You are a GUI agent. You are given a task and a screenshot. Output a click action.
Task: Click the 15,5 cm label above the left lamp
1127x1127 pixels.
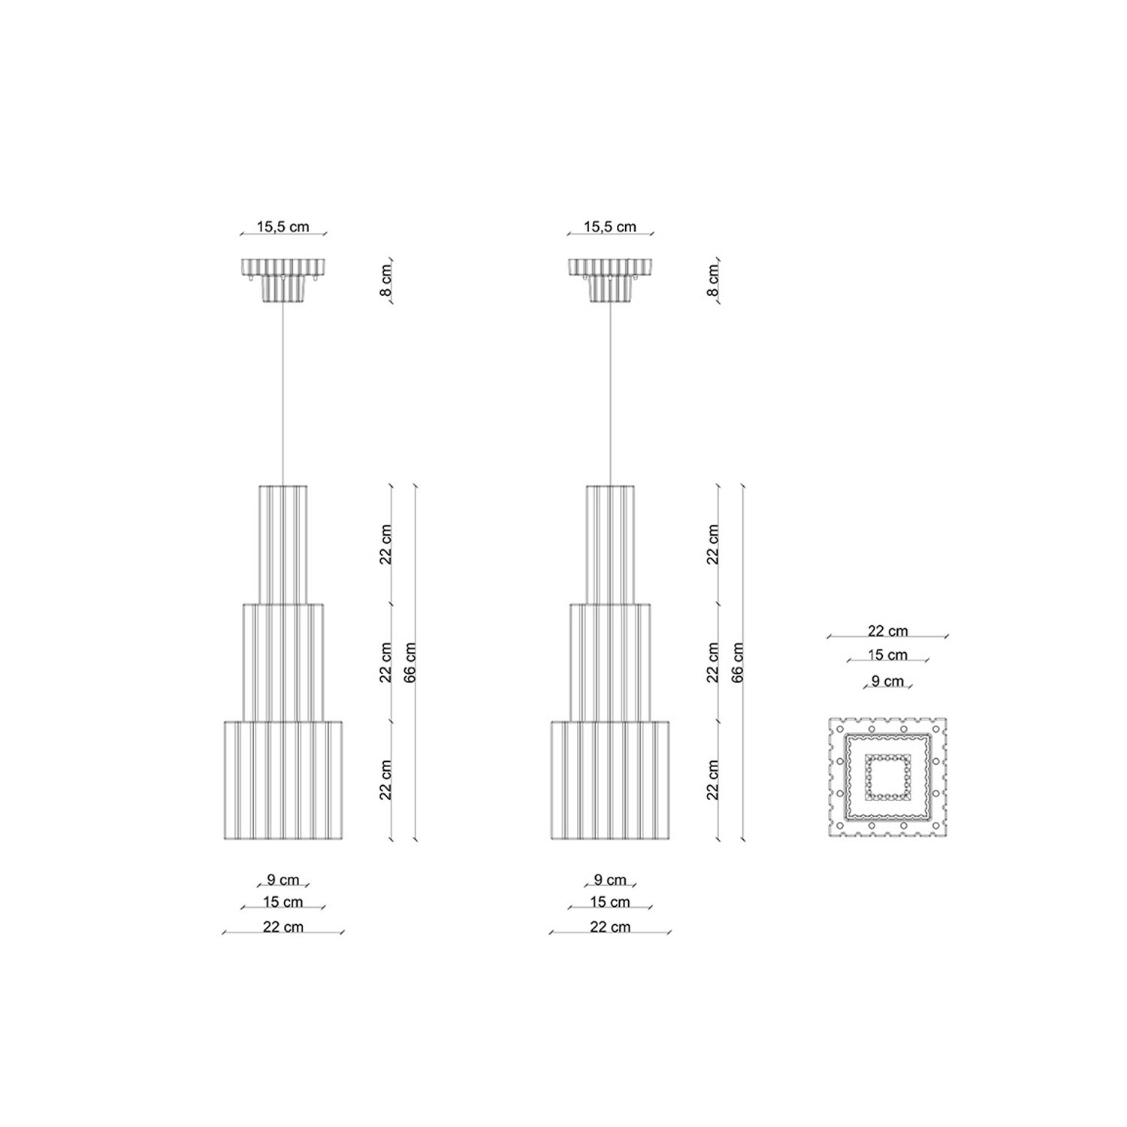pyautogui.click(x=283, y=226)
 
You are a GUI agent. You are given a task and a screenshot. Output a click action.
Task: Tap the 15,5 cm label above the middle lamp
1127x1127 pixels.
pyautogui.click(x=610, y=226)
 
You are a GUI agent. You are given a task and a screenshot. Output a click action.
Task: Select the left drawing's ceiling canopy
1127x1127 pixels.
pyautogui.click(x=283, y=280)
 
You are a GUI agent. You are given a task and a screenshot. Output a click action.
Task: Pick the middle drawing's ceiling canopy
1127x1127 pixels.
pyautogui.click(x=610, y=280)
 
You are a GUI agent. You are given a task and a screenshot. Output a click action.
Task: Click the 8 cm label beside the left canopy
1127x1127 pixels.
pyautogui.click(x=386, y=280)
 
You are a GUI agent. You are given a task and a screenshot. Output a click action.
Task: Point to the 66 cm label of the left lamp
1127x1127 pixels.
pyautogui.click(x=410, y=662)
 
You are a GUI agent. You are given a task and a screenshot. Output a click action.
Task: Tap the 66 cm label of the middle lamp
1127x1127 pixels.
pyautogui.click(x=737, y=662)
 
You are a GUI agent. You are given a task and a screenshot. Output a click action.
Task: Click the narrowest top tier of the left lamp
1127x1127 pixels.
pyautogui.click(x=283, y=545)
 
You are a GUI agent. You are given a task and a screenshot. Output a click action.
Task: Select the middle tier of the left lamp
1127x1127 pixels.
pyautogui.click(x=283, y=663)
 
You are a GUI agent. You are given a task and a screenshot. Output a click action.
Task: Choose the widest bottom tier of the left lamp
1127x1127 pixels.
pyautogui.click(x=283, y=781)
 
